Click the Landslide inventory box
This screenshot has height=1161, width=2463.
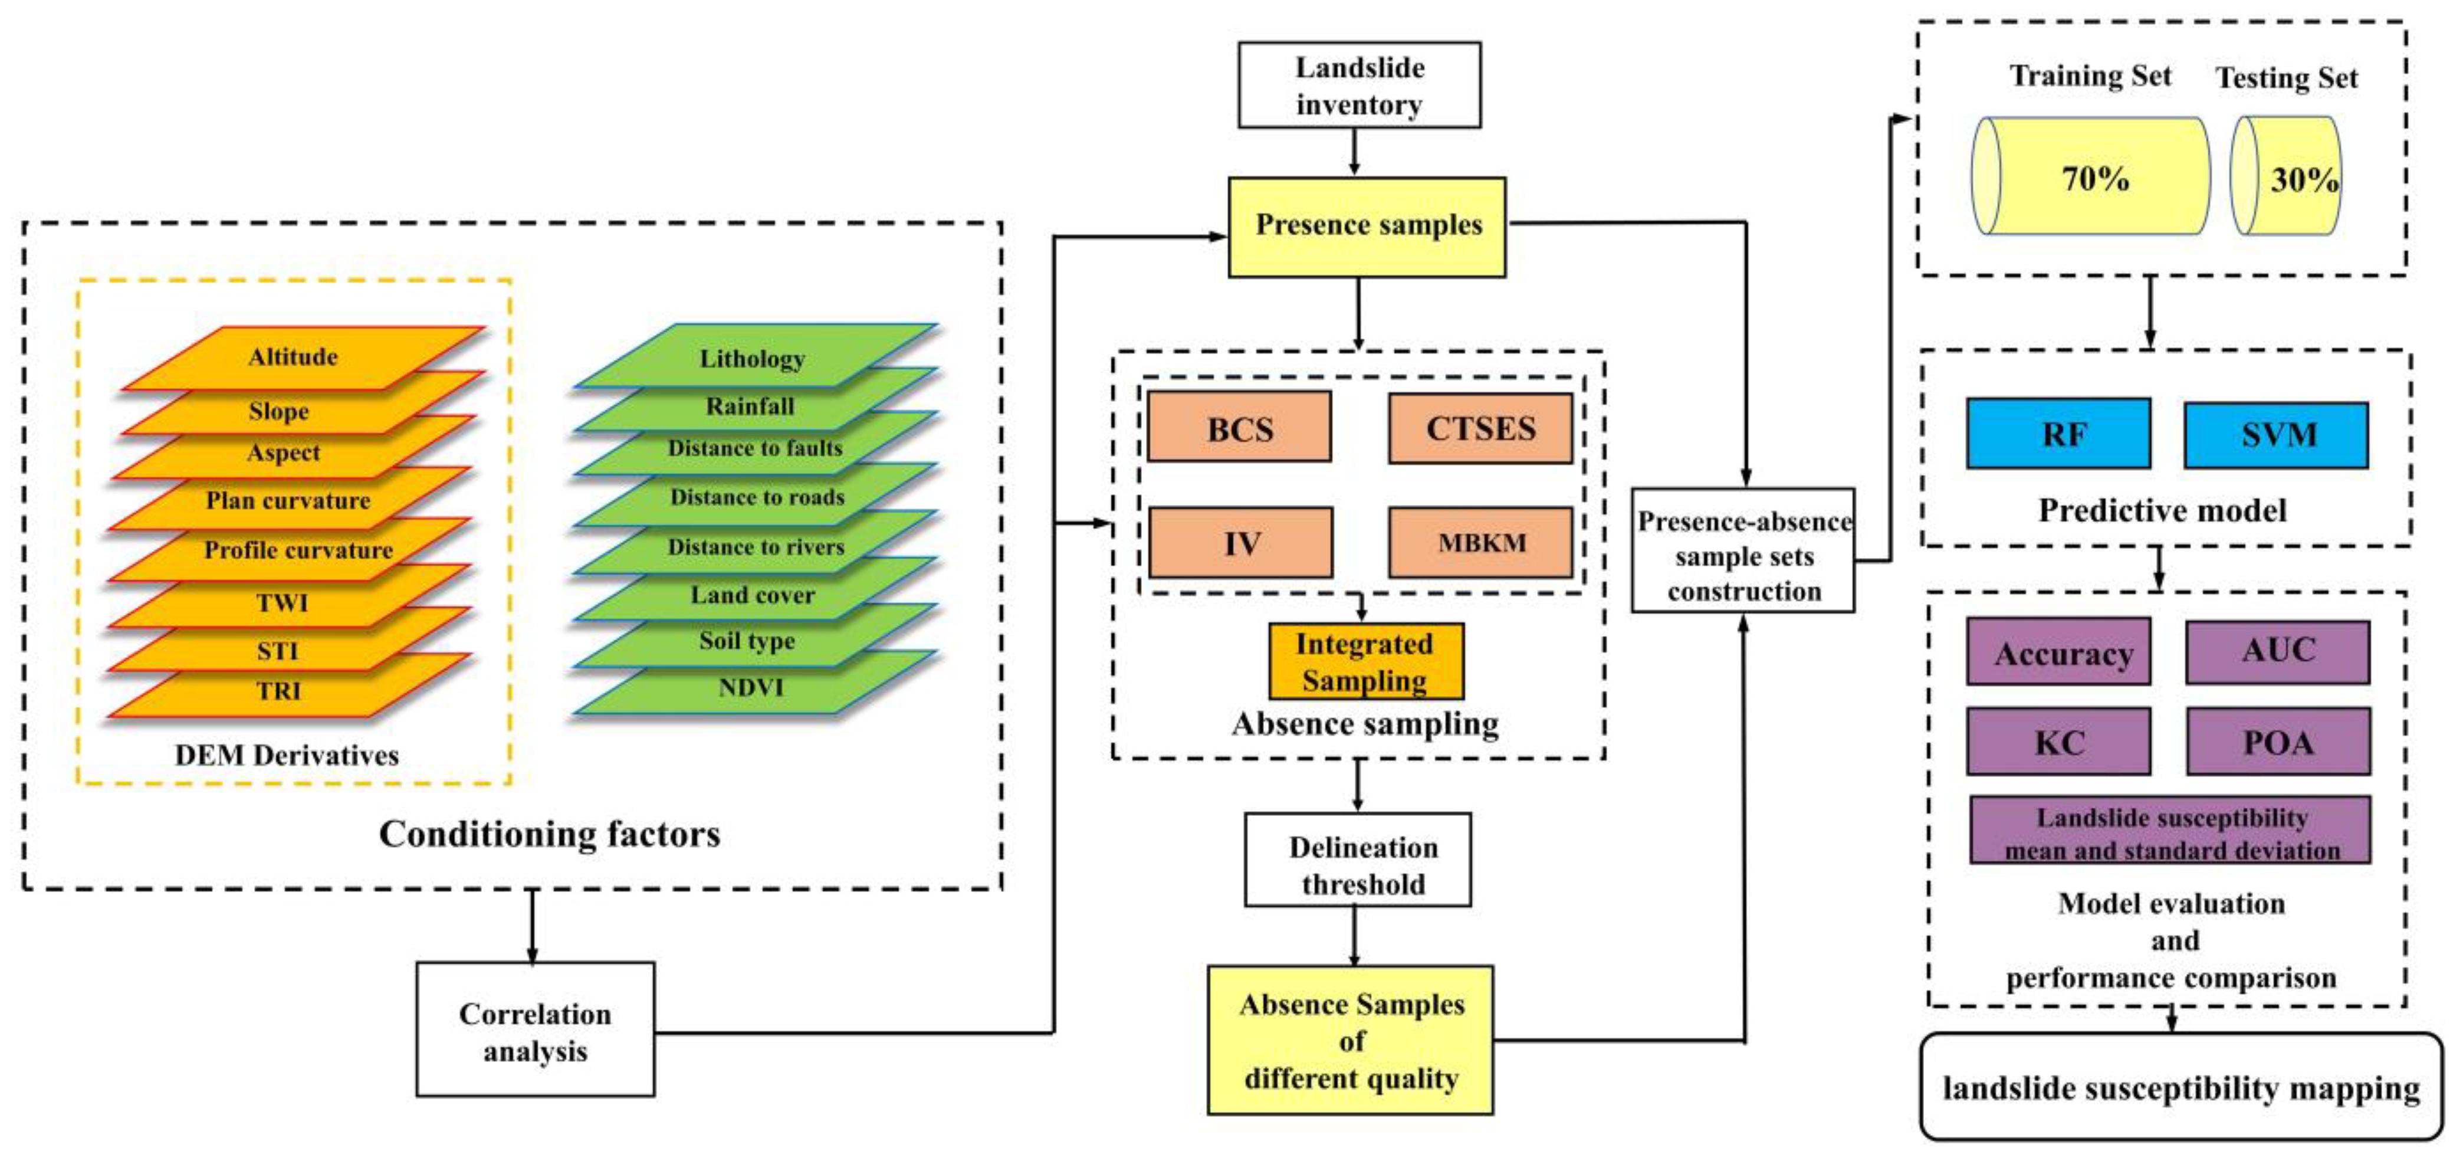[x=1359, y=85]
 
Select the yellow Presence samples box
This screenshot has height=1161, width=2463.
[x=1367, y=227]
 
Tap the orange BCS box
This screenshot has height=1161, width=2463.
[x=1239, y=428]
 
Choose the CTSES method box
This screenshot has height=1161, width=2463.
[x=1480, y=428]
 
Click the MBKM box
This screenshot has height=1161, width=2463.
[x=1480, y=542]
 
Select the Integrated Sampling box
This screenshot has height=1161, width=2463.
[x=1365, y=661]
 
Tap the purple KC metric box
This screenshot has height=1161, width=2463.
[x=2058, y=741]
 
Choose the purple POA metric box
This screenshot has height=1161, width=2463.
[x=2278, y=741]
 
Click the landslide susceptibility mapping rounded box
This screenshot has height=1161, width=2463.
[x=2180, y=1087]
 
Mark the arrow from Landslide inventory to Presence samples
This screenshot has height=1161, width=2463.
[x=1354, y=151]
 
